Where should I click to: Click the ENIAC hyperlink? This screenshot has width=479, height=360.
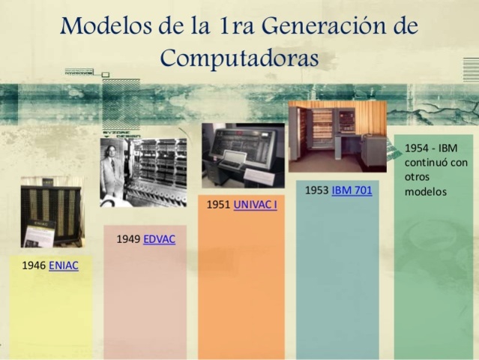pos(64,265)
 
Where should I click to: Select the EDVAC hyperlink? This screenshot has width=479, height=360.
pos(159,239)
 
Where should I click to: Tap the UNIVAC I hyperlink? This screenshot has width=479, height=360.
pos(255,204)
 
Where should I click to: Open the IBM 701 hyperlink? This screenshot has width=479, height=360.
pos(352,190)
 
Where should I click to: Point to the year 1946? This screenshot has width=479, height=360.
pos(34,265)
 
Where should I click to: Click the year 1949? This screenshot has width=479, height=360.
pos(128,239)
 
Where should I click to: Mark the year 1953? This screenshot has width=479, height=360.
pos(316,190)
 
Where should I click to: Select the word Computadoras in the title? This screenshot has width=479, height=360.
pos(240,58)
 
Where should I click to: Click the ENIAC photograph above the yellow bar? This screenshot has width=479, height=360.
pos(50,212)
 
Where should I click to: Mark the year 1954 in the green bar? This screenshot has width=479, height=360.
pos(417,148)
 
